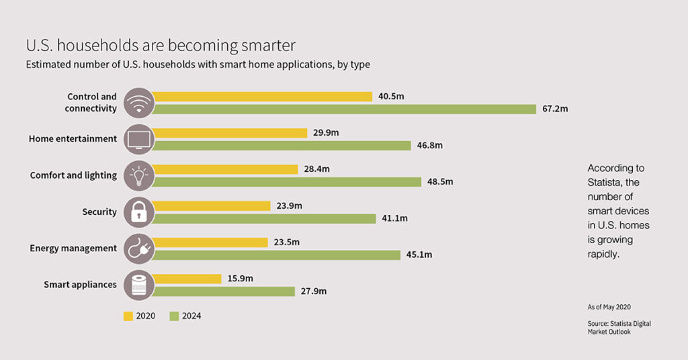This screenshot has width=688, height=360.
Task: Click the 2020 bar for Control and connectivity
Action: tap(262, 97)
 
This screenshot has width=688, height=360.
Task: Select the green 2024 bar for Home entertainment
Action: tap(282, 146)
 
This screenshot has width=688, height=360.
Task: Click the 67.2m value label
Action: tap(554, 109)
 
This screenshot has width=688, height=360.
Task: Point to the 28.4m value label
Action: tap(316, 169)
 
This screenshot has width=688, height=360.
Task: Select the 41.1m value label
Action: tap(394, 218)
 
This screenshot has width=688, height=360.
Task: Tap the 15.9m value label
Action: tap(240, 279)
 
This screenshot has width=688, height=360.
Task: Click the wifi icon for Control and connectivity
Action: tap(139, 103)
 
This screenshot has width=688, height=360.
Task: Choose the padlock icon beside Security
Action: tap(139, 212)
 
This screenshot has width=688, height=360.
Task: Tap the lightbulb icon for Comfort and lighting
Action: tap(139, 176)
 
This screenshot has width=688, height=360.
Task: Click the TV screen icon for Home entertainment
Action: tap(139, 139)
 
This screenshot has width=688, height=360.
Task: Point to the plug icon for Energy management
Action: tap(139, 249)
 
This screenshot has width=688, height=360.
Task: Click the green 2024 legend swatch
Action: tap(174, 316)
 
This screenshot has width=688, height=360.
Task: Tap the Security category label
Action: tap(99, 212)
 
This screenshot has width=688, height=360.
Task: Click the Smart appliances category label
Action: tap(80, 285)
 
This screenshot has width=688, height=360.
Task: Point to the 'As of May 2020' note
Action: tap(609, 306)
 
